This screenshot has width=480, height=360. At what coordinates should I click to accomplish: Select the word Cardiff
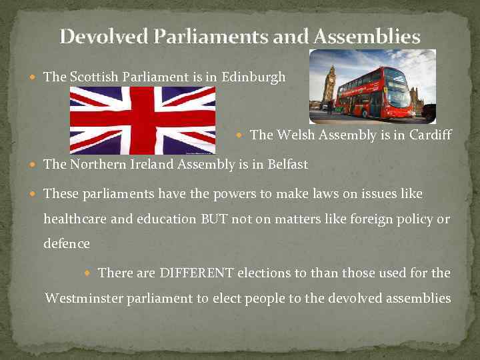click(431, 135)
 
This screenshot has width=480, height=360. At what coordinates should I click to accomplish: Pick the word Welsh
click(291, 135)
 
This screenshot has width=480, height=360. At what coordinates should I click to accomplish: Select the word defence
click(66, 244)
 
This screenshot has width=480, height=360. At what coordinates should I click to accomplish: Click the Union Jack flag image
click(143, 121)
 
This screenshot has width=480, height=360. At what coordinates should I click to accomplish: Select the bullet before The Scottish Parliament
click(34, 77)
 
